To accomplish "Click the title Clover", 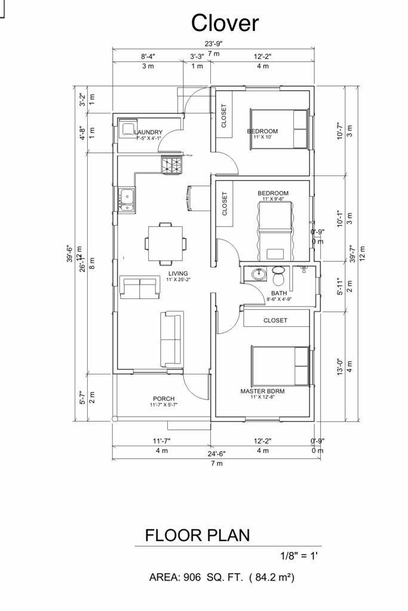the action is click(225, 23).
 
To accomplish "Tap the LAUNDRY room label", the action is click(148, 132).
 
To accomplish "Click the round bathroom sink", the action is click(259, 274).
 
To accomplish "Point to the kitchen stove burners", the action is click(171, 165).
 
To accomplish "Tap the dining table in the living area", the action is click(165, 243).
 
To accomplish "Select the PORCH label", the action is click(164, 399).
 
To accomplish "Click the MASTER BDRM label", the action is click(262, 391).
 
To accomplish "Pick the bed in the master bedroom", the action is click(280, 365).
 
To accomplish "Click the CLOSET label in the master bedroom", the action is click(275, 320).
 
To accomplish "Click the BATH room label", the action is click(279, 294).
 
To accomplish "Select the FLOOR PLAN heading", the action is click(198, 535).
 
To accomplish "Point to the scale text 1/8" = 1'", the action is click(299, 556).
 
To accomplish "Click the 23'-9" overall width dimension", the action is click(213, 44).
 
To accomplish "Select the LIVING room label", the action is click(178, 273).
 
